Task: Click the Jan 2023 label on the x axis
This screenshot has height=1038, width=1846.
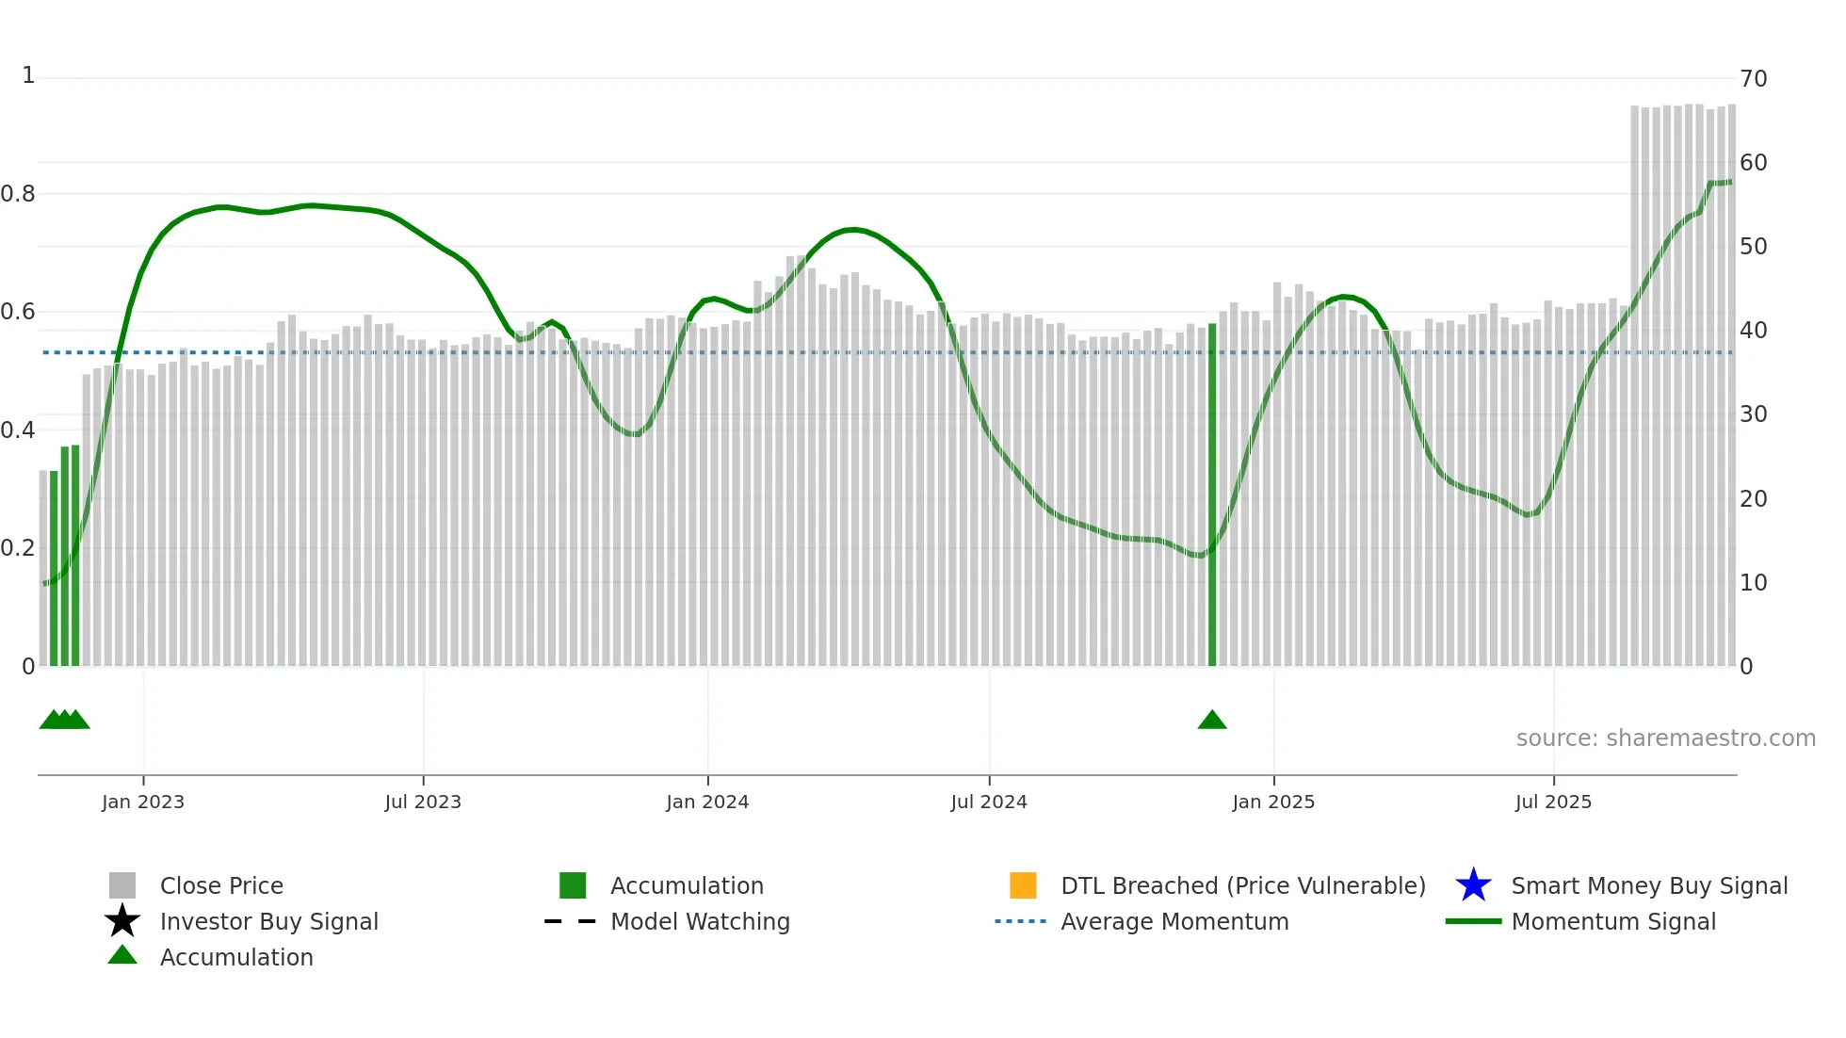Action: click(x=143, y=803)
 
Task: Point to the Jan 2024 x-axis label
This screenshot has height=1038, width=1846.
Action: click(x=707, y=803)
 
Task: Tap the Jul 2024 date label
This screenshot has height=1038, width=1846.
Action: click(x=989, y=803)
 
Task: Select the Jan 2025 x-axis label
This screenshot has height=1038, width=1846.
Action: click(x=1273, y=803)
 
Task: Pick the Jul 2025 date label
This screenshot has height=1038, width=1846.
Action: click(x=1553, y=803)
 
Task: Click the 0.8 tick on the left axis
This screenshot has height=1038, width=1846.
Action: click(x=18, y=194)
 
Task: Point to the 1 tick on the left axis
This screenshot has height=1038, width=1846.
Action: click(x=28, y=75)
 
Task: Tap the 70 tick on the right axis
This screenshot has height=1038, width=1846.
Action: click(x=1753, y=79)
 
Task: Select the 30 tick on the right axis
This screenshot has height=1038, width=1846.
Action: click(x=1753, y=414)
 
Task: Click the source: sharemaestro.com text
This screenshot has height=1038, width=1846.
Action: click(x=1665, y=738)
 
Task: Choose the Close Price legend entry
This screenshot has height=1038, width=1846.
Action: click(x=221, y=886)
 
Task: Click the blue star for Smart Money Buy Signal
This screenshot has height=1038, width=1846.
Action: click(x=1473, y=885)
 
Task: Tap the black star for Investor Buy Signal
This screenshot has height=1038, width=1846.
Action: click(x=122, y=921)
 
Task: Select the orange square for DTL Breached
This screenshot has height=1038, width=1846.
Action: click(x=1023, y=885)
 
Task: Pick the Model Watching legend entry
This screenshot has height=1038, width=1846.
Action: click(x=700, y=922)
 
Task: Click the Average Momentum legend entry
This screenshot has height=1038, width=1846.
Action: click(x=1174, y=922)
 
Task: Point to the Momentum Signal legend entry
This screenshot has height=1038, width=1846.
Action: click(x=1613, y=922)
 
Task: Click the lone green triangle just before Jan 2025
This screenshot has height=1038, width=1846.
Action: click(x=1212, y=721)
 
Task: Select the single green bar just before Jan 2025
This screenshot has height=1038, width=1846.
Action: click(x=1212, y=495)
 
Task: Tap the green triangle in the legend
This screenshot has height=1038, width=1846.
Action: click(x=122, y=955)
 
